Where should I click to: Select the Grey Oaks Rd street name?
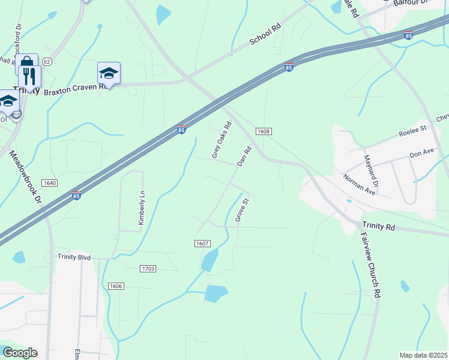click(x=221, y=141)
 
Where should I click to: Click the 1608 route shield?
click(x=263, y=131)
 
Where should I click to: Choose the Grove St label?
click(x=241, y=208)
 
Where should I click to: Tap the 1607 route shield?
click(x=202, y=243)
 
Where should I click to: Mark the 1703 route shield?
click(x=148, y=269)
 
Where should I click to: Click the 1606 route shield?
click(x=116, y=286)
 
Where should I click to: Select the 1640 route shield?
click(x=50, y=182)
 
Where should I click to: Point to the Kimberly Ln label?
click(x=142, y=209)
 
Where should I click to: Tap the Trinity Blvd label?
click(x=74, y=257)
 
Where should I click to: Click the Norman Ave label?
click(x=359, y=184)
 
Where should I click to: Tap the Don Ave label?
click(x=421, y=154)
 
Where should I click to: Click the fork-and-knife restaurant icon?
click(x=28, y=76)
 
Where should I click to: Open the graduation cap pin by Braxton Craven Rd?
click(x=109, y=73)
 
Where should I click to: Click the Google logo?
click(x=19, y=353)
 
